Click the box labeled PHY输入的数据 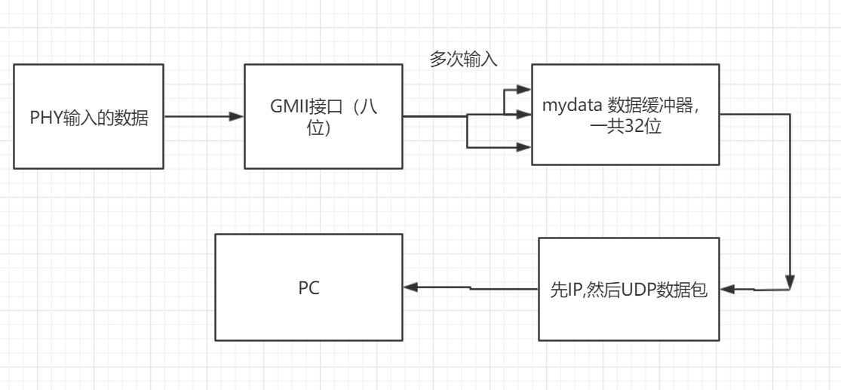[88, 116]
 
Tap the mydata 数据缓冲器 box [625, 114]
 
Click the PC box [309, 287]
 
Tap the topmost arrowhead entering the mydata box [525, 88]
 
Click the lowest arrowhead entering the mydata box [525, 148]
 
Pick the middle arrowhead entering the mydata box [525, 116]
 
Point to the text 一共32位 [625, 126]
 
